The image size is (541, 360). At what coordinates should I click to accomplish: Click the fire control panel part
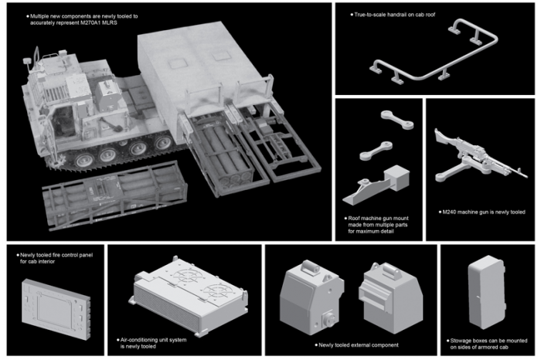click(56, 309)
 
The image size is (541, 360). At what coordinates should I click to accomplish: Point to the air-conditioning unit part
click(189, 297)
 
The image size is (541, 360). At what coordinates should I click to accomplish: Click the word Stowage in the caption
click(461, 341)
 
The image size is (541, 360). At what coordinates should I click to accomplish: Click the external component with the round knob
click(311, 297)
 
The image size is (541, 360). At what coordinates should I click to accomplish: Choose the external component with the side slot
click(391, 297)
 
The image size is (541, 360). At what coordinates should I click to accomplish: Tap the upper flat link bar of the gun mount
click(397, 120)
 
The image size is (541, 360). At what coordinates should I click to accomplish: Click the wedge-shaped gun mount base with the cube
click(376, 185)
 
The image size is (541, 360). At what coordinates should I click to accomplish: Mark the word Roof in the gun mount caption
click(354, 219)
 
